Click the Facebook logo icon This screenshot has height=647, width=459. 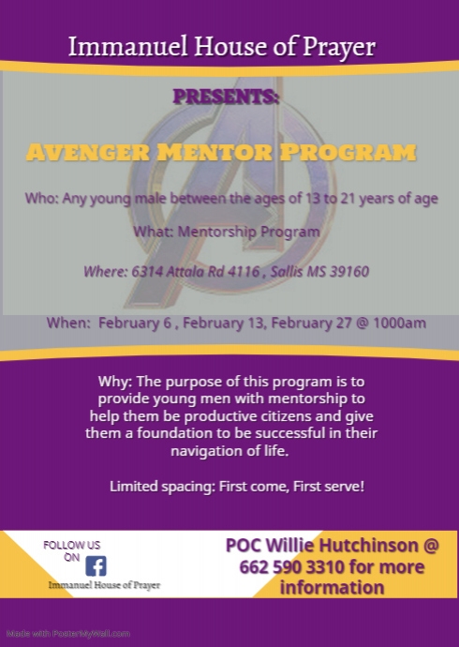(x=96, y=565)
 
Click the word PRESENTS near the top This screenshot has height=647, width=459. (x=226, y=97)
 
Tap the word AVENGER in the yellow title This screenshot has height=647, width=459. (x=88, y=152)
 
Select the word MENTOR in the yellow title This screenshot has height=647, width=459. (x=215, y=152)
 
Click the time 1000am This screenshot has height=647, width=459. (x=399, y=323)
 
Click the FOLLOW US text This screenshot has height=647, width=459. (x=72, y=545)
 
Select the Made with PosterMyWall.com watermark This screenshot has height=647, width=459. (x=68, y=633)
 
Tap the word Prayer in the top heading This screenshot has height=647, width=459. (x=339, y=47)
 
